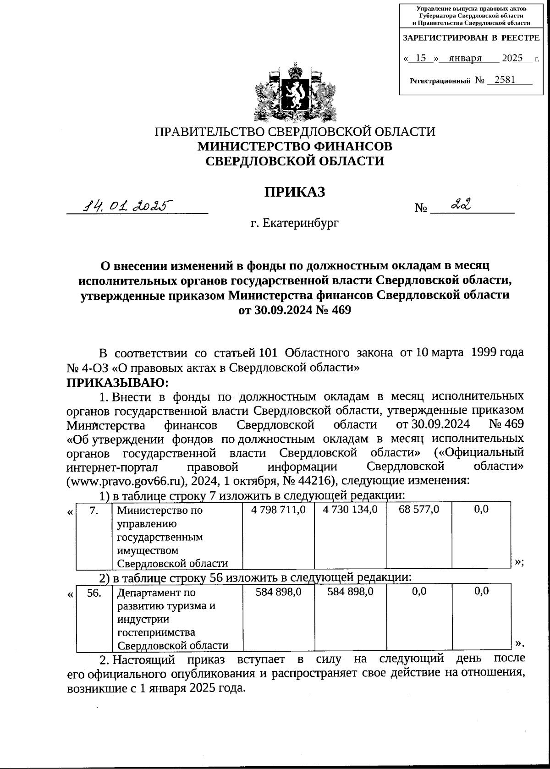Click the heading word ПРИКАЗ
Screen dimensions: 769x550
coord(294,192)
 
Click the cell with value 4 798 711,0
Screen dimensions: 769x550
coord(278,510)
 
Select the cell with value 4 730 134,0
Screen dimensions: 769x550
coord(350,510)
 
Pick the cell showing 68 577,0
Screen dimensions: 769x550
coord(419,510)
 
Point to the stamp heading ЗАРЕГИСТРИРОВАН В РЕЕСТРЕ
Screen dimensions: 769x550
coord(471,38)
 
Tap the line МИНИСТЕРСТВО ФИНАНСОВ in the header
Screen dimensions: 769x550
coord(295,147)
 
